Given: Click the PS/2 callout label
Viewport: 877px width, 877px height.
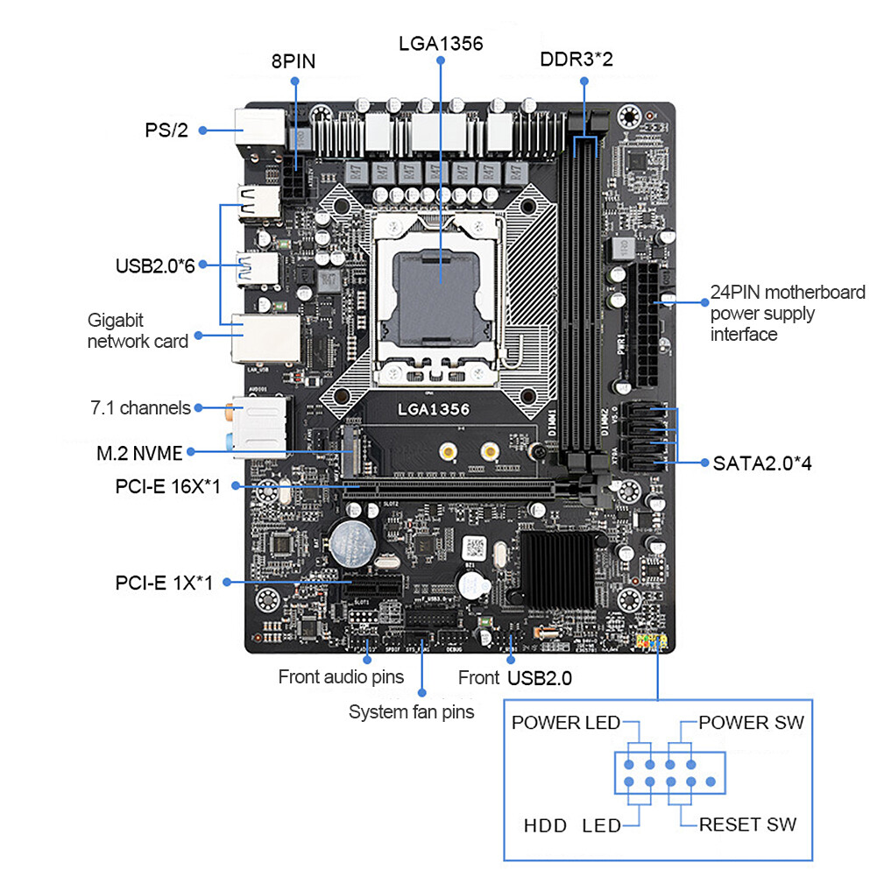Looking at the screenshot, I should [x=166, y=131].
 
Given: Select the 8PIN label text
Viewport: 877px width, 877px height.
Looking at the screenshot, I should [x=293, y=61].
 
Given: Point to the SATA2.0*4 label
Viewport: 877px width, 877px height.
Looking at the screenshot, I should [x=760, y=463].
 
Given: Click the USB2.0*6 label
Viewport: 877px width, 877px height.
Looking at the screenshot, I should [x=155, y=265].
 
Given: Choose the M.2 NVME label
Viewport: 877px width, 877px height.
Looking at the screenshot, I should [x=139, y=453].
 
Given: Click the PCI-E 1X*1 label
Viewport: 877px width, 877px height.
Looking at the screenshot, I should [x=164, y=582].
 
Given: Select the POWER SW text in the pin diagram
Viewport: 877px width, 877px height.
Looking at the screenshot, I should [x=751, y=723].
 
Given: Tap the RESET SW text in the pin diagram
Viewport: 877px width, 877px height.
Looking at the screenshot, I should [x=747, y=824].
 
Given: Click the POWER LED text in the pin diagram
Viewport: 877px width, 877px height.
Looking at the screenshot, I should [x=565, y=723].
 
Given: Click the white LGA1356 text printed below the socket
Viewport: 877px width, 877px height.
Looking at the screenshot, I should [x=434, y=409].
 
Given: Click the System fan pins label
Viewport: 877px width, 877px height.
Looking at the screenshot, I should [x=411, y=711].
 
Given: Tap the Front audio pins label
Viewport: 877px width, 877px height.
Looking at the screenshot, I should [x=341, y=676].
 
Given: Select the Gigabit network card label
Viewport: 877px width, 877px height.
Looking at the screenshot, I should [x=138, y=330].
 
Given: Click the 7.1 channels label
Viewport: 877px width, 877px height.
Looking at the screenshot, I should [x=140, y=407].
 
